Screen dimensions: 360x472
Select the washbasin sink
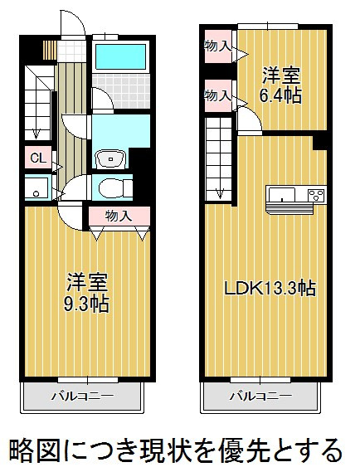[x=111, y=159]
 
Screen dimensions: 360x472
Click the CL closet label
[x=38, y=158]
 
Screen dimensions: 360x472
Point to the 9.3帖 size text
[x=86, y=304]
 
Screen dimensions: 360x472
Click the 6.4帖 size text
[x=280, y=95]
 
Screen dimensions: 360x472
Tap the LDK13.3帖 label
[x=270, y=288]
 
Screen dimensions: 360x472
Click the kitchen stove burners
[x=317, y=194]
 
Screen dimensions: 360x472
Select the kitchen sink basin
[x=282, y=195]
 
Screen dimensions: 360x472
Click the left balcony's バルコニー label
[x=83, y=395]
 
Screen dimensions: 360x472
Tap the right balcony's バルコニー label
[x=260, y=395]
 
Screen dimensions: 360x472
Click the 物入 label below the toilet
[x=119, y=216]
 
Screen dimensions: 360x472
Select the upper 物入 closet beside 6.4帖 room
[x=218, y=46]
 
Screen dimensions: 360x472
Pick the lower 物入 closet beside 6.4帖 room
[x=218, y=95]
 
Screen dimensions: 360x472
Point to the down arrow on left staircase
[x=36, y=134]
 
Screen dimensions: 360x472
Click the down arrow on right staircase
[x=220, y=192]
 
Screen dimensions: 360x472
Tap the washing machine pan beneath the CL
[x=36, y=188]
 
